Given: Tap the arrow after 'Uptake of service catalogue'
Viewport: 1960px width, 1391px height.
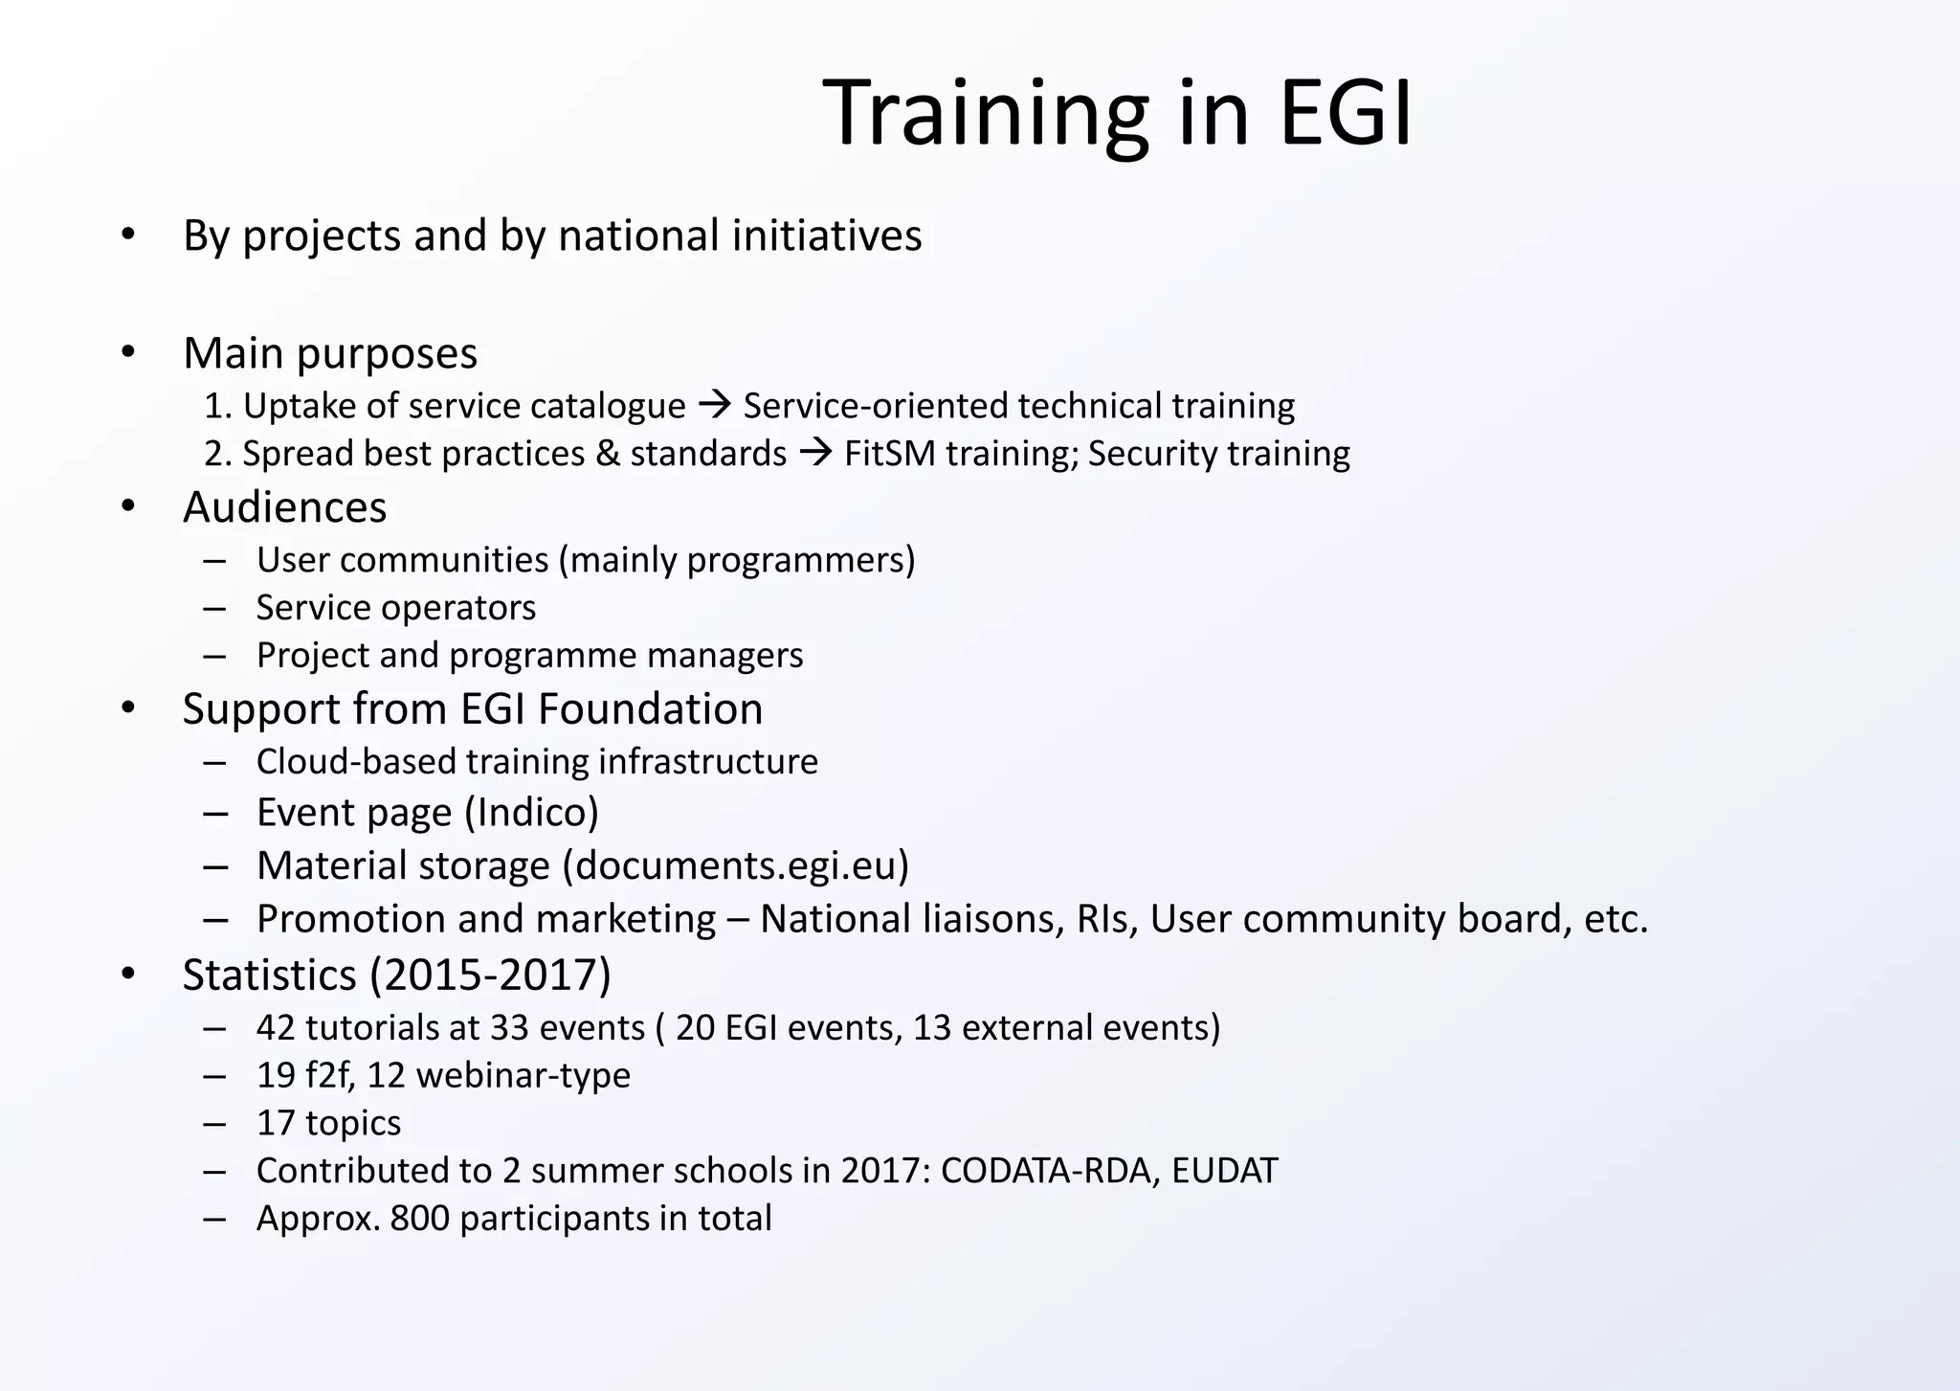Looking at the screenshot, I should pos(715,405).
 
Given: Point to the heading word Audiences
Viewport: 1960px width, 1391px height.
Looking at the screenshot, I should pos(284,507).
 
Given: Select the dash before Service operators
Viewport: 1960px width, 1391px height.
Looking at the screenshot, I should pos(215,609).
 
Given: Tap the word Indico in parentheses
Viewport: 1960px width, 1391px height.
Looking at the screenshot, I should pos(531,813).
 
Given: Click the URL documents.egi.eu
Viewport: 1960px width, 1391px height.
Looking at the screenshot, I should pos(735,865).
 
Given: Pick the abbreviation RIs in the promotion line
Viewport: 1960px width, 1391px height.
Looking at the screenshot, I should pos(1106,919).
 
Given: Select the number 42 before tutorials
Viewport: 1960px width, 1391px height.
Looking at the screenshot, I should pos(276,1027).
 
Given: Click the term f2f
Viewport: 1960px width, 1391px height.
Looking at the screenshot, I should pos(329,1075).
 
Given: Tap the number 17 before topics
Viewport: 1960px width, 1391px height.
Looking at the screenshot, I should pos(276,1123).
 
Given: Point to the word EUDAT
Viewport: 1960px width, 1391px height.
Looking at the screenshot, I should pos(1224,1171).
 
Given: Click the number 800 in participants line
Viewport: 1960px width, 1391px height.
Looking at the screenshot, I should pos(419,1219).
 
